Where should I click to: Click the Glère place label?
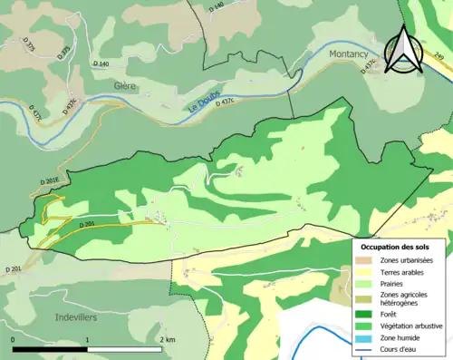pos(126,85)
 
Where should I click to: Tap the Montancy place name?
pos(336,54)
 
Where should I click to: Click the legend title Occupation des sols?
pos(401,247)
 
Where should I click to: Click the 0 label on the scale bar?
pos(14,339)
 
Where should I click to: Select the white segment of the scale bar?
pos(125,349)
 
